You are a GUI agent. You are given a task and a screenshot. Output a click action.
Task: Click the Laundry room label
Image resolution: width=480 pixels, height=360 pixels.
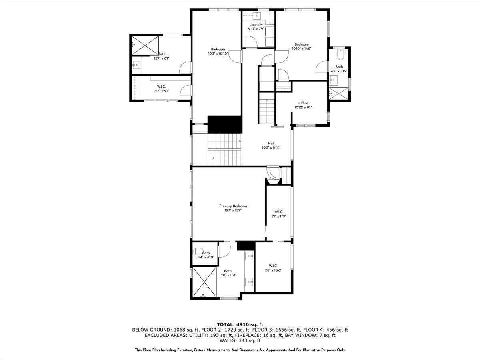pos(256,24)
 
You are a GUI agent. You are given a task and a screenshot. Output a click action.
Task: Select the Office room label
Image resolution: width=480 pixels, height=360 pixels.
pos(303,103)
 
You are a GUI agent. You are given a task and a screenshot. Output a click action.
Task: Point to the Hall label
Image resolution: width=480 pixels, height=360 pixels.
pos(271,143)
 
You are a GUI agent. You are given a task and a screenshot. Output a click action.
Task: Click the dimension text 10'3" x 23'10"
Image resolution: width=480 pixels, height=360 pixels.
pos(218,54)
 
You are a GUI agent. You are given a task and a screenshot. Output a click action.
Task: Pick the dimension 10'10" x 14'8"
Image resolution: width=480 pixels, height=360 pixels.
pos(302,48)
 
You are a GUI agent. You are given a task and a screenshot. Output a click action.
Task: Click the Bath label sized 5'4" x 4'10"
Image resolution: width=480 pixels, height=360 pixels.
pos(206,253)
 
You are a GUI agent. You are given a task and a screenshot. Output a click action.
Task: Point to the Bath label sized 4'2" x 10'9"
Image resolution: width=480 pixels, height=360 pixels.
pos(339,67)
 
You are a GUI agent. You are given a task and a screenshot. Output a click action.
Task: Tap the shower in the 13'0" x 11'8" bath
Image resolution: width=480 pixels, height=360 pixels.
pos(204,282)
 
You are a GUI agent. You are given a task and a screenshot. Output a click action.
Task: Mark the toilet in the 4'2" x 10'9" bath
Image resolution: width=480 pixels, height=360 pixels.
pos(340,51)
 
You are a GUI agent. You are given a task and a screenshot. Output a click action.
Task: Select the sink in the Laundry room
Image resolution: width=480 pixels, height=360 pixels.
pos(258,16)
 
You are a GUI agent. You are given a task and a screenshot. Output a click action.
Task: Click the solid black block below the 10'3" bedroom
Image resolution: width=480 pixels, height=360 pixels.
pos(225,124)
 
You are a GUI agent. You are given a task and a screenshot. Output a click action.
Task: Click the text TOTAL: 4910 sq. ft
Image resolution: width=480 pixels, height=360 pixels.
pos(240,324)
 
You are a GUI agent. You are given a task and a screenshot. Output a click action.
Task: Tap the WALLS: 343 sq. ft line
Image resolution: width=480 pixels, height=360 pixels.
pos(240,341)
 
